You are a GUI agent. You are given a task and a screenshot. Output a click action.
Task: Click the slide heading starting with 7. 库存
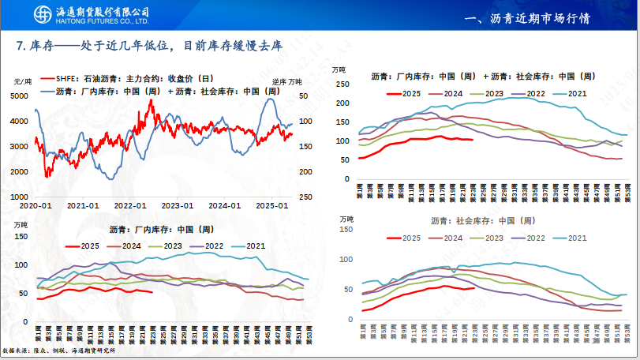pyautogui.click(x=150, y=46)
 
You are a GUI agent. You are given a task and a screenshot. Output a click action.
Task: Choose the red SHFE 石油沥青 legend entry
pyautogui.click(x=126, y=79)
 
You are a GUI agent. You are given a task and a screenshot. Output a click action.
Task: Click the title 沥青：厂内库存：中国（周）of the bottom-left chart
pyautogui.click(x=158, y=230)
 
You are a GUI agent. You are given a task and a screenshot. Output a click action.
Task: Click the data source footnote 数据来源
pyautogui.click(x=59, y=350)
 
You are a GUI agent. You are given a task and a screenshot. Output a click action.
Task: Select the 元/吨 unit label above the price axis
pyautogui.click(x=24, y=81)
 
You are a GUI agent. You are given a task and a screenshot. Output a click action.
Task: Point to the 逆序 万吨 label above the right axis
pyautogui.click(x=286, y=81)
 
